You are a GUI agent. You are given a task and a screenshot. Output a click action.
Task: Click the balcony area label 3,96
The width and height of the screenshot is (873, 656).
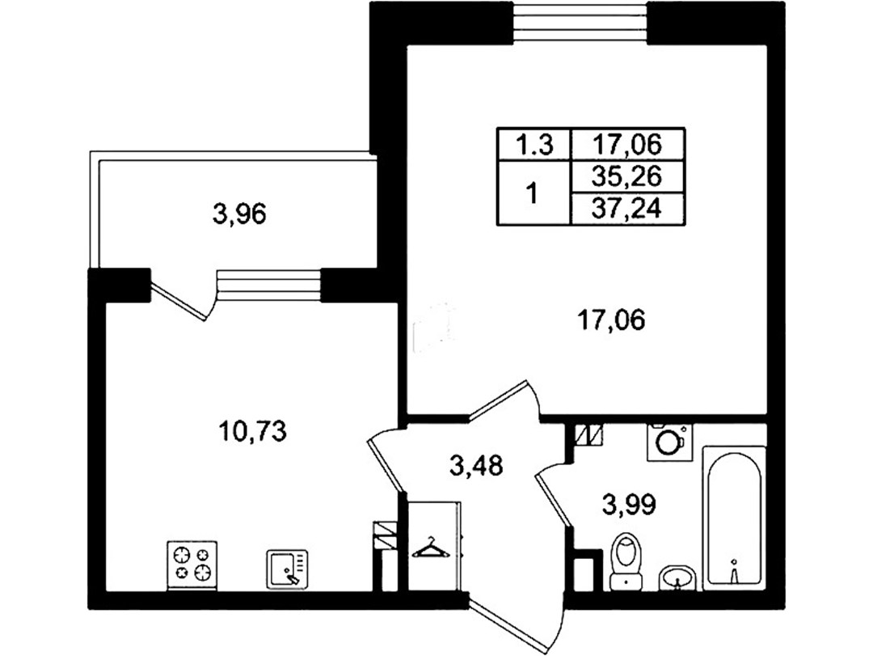(x=239, y=214)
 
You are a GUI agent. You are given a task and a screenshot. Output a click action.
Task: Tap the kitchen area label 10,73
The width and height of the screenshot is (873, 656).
(x=253, y=431)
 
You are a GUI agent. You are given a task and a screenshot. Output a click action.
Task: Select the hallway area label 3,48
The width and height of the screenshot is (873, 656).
(x=477, y=465)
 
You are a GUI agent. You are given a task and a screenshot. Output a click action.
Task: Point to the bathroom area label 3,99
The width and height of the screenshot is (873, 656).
(x=629, y=505)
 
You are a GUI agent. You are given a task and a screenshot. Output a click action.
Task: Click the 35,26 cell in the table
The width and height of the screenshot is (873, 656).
(x=627, y=176)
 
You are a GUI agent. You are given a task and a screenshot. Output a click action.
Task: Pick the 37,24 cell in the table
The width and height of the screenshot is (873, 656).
(x=627, y=209)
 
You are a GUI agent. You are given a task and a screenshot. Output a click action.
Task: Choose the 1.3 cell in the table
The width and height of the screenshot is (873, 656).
(x=534, y=145)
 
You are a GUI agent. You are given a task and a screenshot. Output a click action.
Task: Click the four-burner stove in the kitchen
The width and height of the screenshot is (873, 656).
(x=192, y=564)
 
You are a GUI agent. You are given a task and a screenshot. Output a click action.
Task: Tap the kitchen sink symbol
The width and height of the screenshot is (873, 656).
(x=287, y=569)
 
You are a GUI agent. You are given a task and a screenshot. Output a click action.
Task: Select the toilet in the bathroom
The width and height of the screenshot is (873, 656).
(x=626, y=560)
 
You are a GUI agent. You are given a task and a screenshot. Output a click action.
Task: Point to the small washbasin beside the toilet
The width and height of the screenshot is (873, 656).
(x=677, y=578)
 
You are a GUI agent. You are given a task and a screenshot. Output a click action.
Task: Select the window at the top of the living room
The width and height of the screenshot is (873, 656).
(x=580, y=23)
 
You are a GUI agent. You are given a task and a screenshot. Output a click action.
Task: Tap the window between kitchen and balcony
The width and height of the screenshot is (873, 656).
(x=268, y=284)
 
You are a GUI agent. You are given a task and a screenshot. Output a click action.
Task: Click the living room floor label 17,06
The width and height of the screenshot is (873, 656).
(x=612, y=320)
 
